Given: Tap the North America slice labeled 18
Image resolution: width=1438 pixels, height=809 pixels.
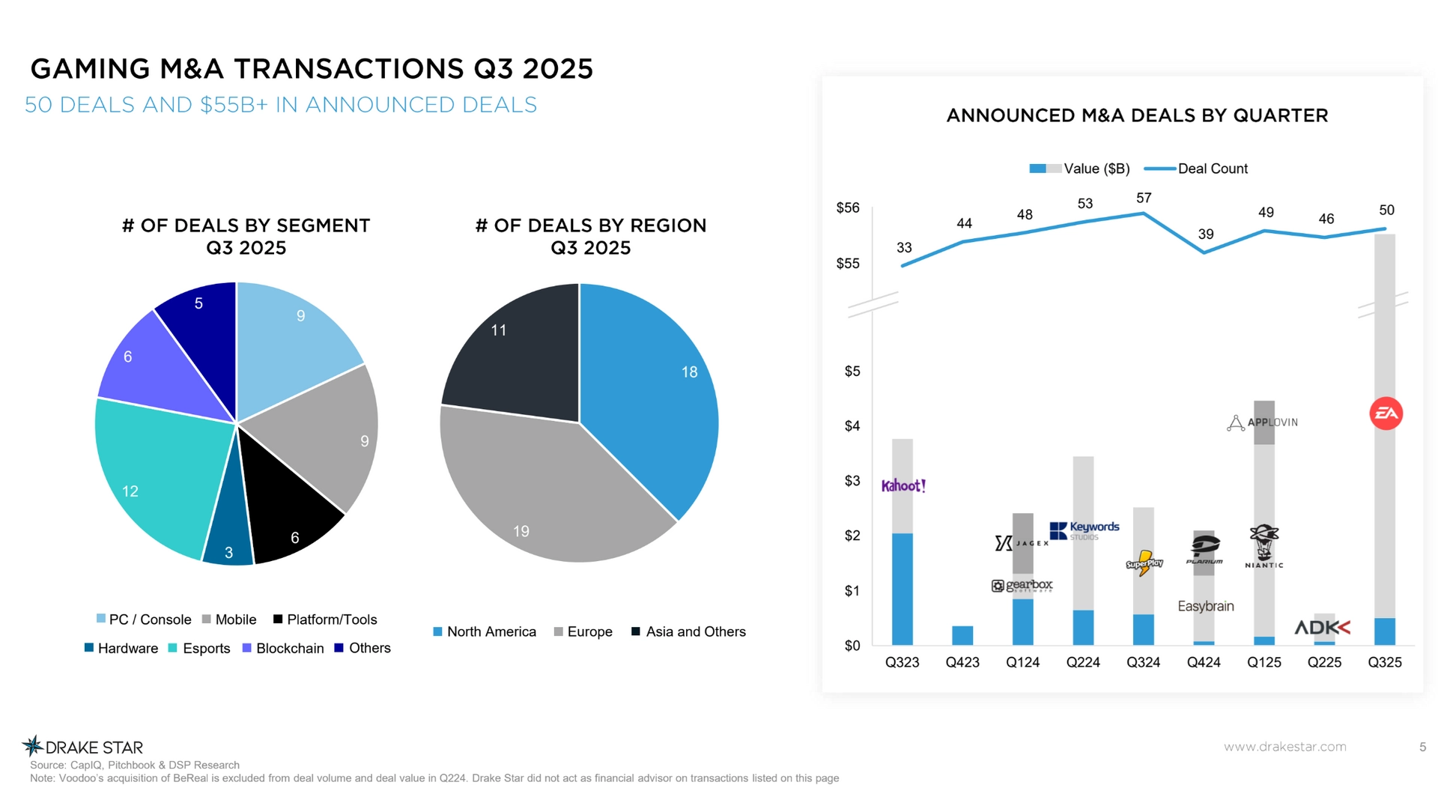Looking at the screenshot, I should point(659,390).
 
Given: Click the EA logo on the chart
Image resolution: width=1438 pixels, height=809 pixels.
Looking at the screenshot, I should point(1386,413).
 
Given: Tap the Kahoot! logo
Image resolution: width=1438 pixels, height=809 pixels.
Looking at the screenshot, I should point(903,486).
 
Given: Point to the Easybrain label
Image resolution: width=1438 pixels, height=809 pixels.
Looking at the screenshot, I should point(1205,607).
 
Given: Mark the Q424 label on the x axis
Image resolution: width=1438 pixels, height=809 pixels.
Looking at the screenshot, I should point(1204,663).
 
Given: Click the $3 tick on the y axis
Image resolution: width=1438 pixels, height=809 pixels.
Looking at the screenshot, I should point(852,481).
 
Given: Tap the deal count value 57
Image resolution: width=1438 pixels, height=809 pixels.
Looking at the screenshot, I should point(1144,199).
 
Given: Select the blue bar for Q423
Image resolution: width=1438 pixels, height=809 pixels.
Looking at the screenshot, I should point(962,635).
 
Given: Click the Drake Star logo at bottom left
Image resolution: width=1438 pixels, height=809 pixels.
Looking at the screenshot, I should point(82,747).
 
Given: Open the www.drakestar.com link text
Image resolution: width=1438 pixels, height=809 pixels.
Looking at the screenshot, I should point(1284,747).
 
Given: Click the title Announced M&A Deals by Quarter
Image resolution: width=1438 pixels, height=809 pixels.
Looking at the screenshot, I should point(1137,116).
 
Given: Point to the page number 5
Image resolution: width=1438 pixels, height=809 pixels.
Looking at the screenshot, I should point(1422,747).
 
